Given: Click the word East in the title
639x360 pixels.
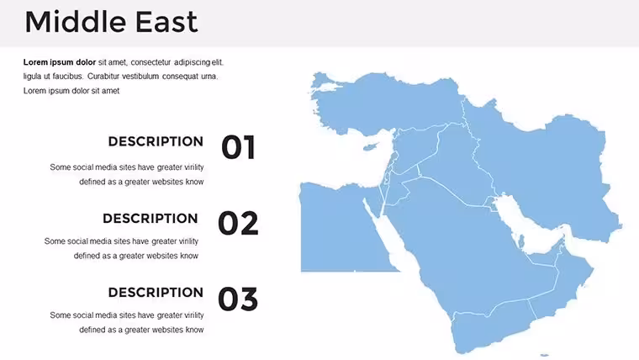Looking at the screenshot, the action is coord(166,21).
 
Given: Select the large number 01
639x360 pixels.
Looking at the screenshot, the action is coord(239,147).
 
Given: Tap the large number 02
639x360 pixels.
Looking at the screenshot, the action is coord(239,223).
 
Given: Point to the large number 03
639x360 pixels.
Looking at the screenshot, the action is coord(239,299).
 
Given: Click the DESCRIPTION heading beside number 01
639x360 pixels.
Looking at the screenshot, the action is coord(156,141).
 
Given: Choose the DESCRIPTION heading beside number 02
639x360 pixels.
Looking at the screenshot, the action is coord(151,218).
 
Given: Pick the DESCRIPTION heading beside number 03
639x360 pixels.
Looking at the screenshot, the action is coord(156,293).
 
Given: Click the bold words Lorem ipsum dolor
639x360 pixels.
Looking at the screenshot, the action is coord(60,62).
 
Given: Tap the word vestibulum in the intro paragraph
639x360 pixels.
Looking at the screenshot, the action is coord(140,77).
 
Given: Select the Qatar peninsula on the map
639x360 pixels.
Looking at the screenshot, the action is coord(520,241).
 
